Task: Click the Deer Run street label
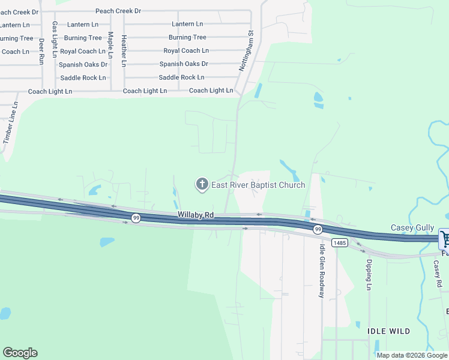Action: click(41, 52)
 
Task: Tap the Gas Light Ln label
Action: click(55, 39)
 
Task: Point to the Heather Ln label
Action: click(124, 50)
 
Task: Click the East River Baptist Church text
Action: click(258, 185)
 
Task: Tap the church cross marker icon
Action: click(202, 184)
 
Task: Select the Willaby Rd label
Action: click(196, 215)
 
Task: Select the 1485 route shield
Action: click(339, 242)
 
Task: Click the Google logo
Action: click(20, 353)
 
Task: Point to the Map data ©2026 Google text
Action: click(412, 355)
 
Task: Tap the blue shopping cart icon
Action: click(445, 239)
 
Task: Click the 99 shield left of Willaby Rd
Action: click(136, 218)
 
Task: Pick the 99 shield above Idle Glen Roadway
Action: click(318, 229)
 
